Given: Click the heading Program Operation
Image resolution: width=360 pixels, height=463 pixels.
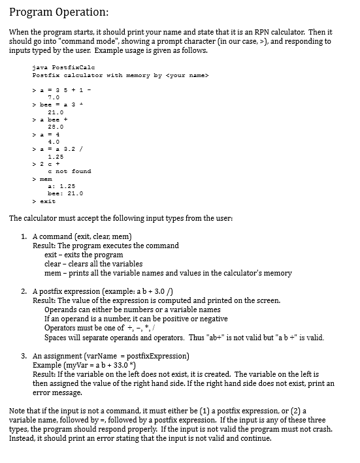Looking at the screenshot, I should tap(59, 12).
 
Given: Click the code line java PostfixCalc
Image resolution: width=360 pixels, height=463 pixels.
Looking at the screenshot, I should tap(62, 67).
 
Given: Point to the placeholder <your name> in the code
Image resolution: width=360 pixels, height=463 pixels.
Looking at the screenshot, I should tap(188, 76).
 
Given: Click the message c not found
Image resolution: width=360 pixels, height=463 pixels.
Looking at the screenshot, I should tap(69, 171).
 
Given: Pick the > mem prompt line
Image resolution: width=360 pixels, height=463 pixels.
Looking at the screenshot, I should tap(42, 178).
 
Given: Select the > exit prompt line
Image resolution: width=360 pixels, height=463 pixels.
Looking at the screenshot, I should tap(44, 201).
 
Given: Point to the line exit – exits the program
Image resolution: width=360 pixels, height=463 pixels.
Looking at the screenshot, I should tap(83, 255).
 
